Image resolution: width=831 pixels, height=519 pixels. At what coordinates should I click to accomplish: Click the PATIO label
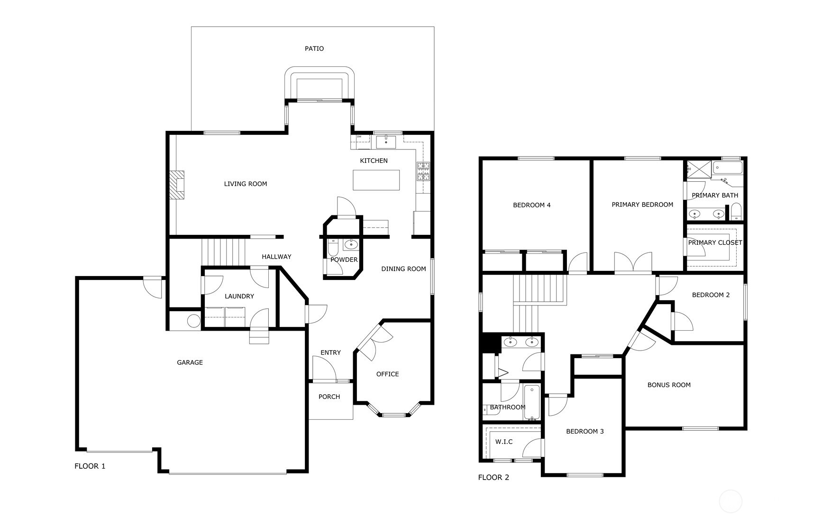click(314, 48)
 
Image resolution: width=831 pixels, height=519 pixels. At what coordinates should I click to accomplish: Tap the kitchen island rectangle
click(376, 180)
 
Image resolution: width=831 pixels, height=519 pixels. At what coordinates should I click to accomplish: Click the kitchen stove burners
click(423, 172)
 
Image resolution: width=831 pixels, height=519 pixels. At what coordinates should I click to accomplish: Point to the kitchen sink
click(386, 142)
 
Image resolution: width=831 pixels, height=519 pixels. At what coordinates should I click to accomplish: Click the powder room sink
click(351, 245)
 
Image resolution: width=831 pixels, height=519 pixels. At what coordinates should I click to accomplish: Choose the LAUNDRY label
click(239, 296)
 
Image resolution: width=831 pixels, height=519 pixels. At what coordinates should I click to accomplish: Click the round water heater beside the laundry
click(193, 321)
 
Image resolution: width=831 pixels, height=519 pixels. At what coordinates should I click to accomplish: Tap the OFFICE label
click(387, 374)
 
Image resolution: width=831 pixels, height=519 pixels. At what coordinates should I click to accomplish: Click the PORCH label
click(329, 397)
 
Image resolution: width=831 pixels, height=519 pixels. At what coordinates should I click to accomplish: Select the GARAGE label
click(190, 362)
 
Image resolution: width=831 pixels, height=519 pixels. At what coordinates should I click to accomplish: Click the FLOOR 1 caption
click(90, 466)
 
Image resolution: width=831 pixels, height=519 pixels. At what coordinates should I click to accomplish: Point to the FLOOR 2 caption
click(493, 477)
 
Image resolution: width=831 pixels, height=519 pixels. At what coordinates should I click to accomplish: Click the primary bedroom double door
click(633, 262)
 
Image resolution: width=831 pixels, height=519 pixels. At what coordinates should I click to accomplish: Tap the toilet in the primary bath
click(736, 212)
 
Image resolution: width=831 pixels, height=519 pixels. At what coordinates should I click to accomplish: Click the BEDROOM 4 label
click(532, 205)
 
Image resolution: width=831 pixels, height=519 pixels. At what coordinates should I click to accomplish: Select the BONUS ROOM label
click(669, 385)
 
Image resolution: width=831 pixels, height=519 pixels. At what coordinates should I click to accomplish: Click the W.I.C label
click(504, 442)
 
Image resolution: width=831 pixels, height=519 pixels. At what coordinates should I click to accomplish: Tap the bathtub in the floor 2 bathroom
click(532, 402)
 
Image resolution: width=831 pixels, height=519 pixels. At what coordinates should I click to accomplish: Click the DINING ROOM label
click(403, 269)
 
